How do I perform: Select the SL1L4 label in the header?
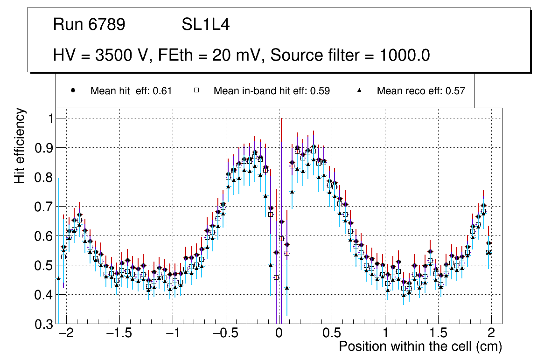205,25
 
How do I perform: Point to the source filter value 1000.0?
405,55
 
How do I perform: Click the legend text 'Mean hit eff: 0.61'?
131,91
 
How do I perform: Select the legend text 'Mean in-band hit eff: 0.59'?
272,91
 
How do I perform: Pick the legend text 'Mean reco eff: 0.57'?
421,91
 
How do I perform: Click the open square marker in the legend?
196,90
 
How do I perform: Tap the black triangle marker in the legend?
360,90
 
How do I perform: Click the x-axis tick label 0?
279,334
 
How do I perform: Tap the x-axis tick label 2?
491,334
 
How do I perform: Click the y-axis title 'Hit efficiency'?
20,145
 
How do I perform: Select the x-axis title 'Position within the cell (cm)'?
420,346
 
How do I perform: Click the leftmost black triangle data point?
58,278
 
